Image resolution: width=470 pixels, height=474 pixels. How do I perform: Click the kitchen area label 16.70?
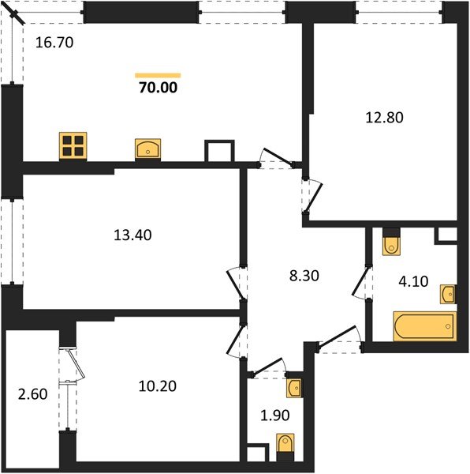click(x=54, y=44)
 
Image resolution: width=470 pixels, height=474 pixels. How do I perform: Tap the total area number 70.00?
click(x=159, y=88)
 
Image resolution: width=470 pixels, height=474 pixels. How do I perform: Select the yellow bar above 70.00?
click(x=159, y=75)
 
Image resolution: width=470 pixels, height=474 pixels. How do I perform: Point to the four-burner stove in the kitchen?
click(x=73, y=146)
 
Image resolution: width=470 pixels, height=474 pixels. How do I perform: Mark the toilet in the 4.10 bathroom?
click(x=391, y=243)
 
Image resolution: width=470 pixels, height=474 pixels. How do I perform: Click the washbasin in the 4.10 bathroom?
click(x=448, y=294)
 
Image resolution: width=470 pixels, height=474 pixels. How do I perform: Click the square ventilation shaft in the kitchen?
click(x=219, y=152)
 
